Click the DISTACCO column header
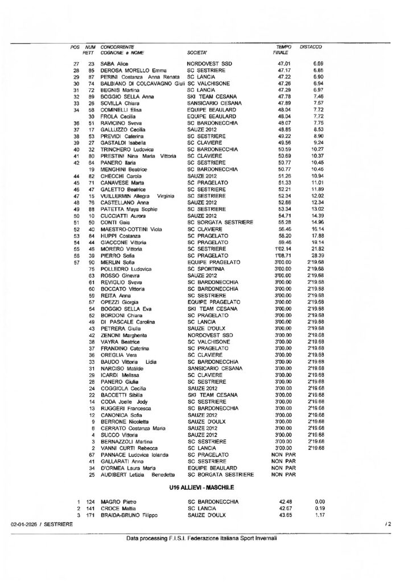coord(311,46)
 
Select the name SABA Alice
coord(116,63)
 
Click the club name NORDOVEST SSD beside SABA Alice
coord(208,63)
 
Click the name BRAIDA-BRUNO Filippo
coord(129,515)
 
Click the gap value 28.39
coord(316,256)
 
